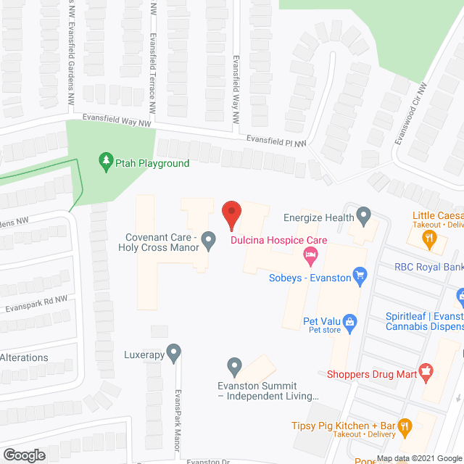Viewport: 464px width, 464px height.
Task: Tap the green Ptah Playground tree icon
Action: [106, 159]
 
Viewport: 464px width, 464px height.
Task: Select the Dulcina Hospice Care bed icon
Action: [310, 253]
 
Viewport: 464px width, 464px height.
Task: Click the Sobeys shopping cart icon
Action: [358, 275]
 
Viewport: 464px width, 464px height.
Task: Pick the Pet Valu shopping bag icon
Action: [349, 320]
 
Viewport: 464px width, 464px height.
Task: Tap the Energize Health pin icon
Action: [364, 215]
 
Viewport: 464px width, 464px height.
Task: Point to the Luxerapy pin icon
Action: [173, 353]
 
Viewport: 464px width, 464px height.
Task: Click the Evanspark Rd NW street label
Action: [36, 304]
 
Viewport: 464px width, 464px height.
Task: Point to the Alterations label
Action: [24, 357]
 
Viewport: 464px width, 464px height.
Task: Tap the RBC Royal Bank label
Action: [428, 267]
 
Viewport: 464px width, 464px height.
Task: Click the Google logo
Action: [24, 455]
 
